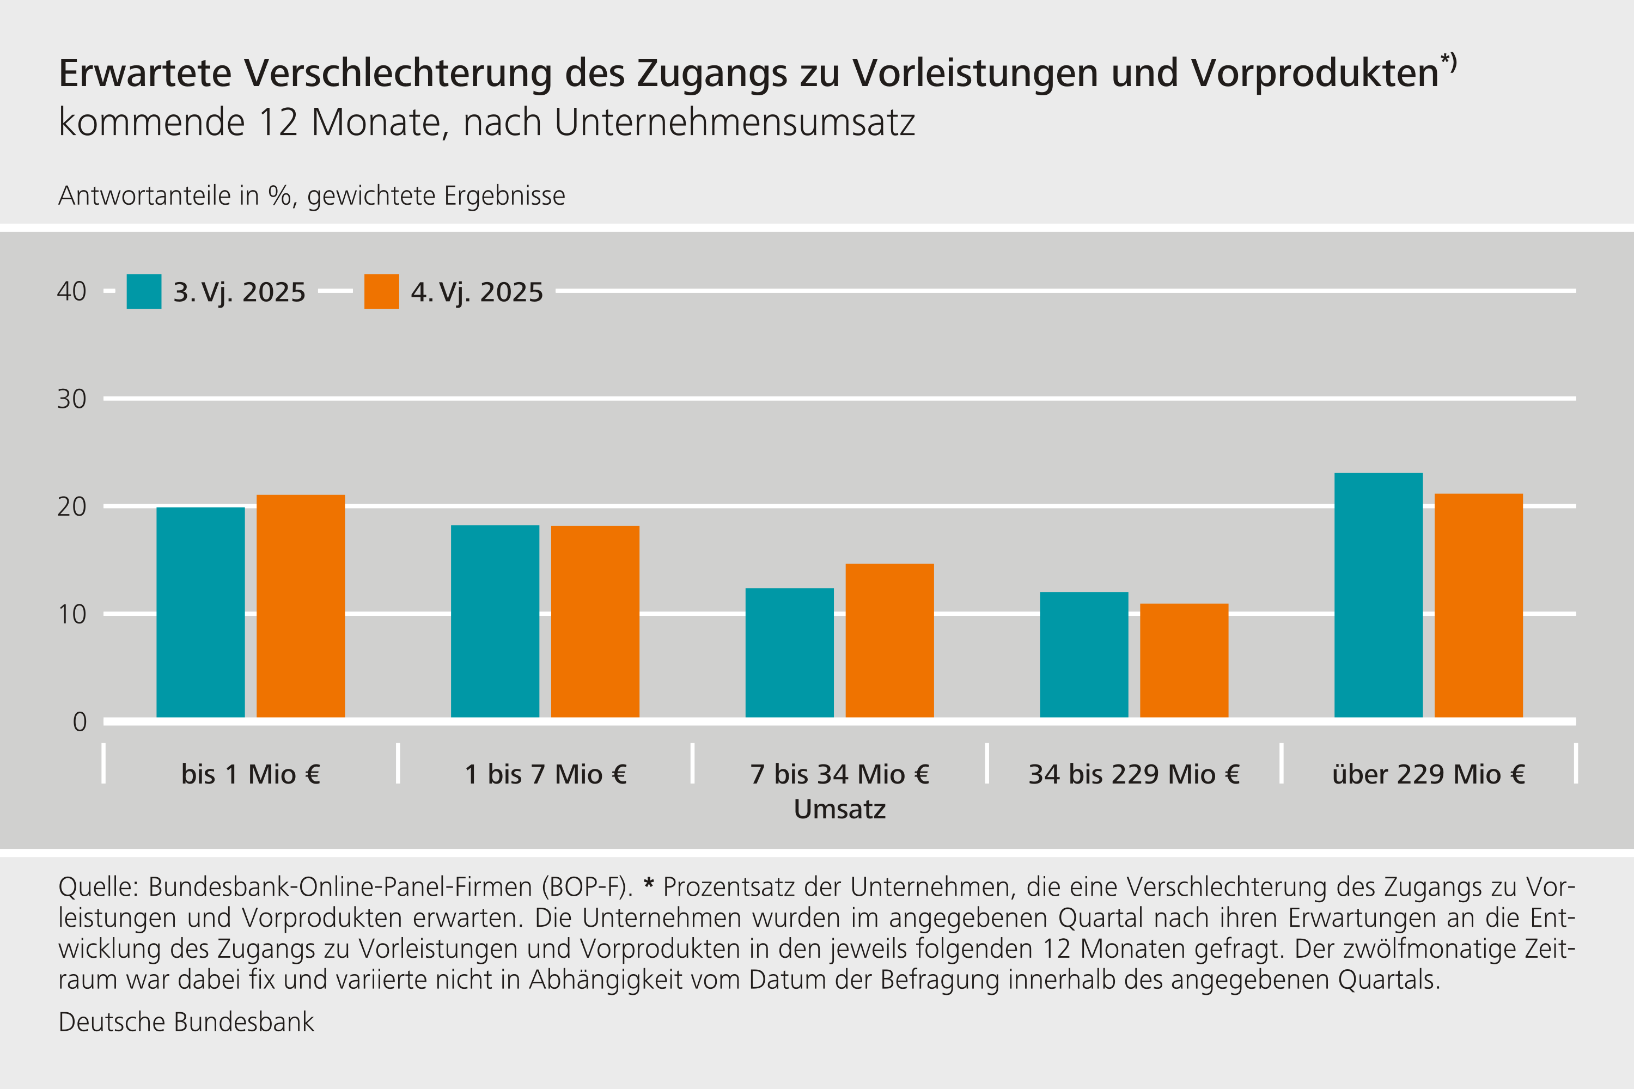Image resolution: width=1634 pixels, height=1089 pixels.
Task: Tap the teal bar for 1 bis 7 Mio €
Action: (x=495, y=621)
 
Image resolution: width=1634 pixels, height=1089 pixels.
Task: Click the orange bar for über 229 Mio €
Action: (x=1478, y=605)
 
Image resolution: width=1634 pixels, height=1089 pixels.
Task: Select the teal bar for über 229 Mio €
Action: (x=1379, y=595)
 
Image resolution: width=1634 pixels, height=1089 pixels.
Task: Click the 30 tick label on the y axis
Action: (x=71, y=399)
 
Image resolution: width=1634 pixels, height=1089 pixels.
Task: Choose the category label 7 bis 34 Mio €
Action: (x=839, y=774)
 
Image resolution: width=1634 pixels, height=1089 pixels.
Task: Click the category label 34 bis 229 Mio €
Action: (x=1134, y=774)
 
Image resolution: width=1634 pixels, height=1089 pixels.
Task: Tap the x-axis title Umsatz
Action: (x=839, y=809)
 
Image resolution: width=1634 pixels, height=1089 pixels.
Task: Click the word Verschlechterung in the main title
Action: (x=398, y=73)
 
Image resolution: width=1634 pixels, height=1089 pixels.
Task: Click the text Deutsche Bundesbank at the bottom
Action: (x=186, y=1021)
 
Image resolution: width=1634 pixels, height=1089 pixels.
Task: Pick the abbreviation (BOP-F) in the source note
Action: (x=590, y=887)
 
